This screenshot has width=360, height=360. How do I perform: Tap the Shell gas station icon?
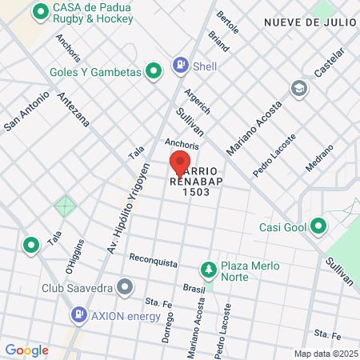[182, 65]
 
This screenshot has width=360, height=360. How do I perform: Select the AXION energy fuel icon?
[79, 314]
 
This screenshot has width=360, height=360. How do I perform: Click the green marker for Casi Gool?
[318, 226]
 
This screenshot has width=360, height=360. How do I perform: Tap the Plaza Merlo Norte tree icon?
[208, 268]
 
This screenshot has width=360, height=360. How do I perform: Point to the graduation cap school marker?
[299, 87]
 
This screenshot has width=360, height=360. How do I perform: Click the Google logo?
[26, 350]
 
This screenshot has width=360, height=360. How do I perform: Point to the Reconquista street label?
[153, 260]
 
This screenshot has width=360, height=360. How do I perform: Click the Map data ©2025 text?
[326, 354]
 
